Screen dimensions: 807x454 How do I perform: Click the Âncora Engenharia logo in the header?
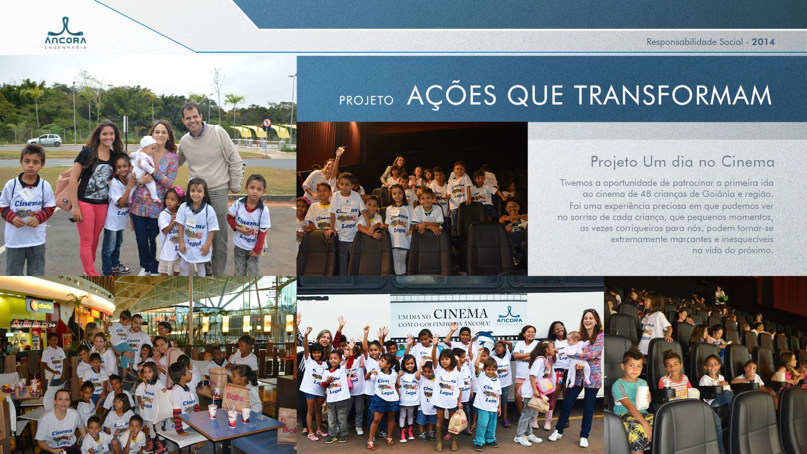pos(66,33)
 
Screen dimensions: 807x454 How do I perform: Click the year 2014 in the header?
pos(763,42)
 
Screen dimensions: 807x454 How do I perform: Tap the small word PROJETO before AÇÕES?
pos(366,100)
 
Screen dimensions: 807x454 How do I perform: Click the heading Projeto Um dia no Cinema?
pos(682,162)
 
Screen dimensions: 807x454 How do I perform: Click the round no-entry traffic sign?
pos(266,122)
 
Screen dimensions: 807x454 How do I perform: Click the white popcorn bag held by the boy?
pos(642,397)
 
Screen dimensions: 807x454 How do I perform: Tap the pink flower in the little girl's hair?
pos(179,192)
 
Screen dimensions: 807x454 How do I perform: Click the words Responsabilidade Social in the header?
pos(694,42)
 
